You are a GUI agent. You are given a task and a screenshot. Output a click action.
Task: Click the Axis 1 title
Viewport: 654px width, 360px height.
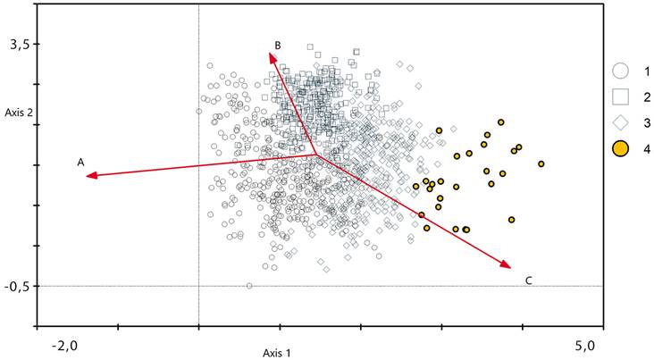click(x=277, y=352)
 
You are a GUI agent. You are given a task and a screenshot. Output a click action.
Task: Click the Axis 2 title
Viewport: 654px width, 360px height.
click(x=19, y=113)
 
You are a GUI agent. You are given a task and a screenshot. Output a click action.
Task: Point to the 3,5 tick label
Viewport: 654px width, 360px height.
click(x=20, y=44)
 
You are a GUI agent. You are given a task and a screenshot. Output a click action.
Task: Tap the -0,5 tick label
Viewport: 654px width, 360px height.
click(x=18, y=286)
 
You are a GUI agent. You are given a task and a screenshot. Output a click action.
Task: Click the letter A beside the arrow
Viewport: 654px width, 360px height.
click(x=80, y=163)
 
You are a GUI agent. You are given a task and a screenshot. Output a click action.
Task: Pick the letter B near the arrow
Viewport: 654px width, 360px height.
click(x=278, y=45)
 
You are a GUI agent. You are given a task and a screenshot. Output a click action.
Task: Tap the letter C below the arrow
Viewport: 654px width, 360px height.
click(x=529, y=280)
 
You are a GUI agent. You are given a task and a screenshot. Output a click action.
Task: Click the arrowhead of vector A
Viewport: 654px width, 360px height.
click(x=88, y=177)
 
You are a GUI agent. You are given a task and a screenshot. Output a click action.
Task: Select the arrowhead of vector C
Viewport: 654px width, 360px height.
click(x=508, y=266)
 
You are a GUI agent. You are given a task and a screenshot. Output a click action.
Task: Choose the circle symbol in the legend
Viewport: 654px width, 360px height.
click(x=622, y=71)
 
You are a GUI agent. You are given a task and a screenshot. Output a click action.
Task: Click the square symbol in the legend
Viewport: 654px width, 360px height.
click(x=622, y=96)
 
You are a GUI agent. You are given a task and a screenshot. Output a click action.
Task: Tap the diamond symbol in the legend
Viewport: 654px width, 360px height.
click(x=622, y=122)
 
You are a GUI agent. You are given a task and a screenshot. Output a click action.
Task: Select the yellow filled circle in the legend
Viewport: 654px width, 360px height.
click(x=622, y=148)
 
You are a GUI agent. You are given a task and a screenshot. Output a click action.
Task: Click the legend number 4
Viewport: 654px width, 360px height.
click(x=645, y=148)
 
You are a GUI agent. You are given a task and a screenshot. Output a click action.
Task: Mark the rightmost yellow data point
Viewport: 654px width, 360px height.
click(x=541, y=163)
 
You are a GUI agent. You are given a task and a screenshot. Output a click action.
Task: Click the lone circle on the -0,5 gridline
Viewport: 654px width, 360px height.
click(x=249, y=286)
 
